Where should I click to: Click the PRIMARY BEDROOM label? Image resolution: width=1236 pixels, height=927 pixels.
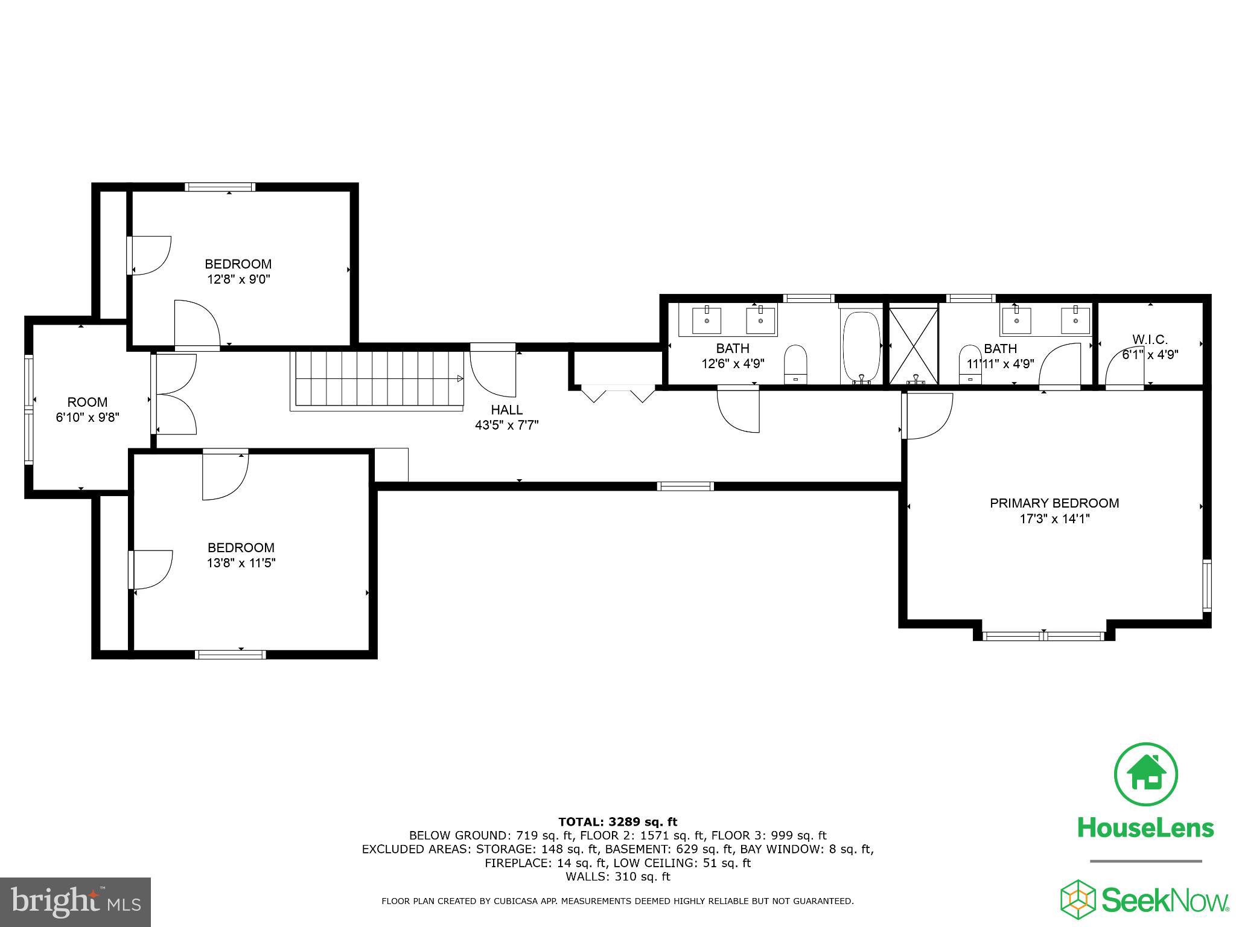point(1054,503)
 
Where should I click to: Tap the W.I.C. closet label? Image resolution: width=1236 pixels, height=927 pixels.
point(1150,340)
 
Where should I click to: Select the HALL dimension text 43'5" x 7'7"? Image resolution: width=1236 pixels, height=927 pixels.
point(506,425)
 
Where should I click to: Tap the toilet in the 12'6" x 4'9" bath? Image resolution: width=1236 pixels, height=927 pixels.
point(795,363)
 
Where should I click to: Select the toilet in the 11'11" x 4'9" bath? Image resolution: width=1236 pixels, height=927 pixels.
point(970,363)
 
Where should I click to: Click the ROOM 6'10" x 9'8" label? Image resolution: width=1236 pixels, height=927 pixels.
point(88,402)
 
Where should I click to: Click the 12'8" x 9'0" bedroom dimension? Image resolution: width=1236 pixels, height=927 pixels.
point(238,279)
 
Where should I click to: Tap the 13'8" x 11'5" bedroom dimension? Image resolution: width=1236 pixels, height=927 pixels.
point(241,562)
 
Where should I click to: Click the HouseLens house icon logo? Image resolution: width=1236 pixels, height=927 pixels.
point(1145,774)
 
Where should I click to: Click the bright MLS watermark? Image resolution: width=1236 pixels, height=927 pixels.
point(75,902)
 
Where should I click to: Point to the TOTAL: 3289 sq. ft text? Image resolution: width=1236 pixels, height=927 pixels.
point(617,821)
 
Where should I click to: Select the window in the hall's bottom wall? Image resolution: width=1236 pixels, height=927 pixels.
point(685,486)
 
